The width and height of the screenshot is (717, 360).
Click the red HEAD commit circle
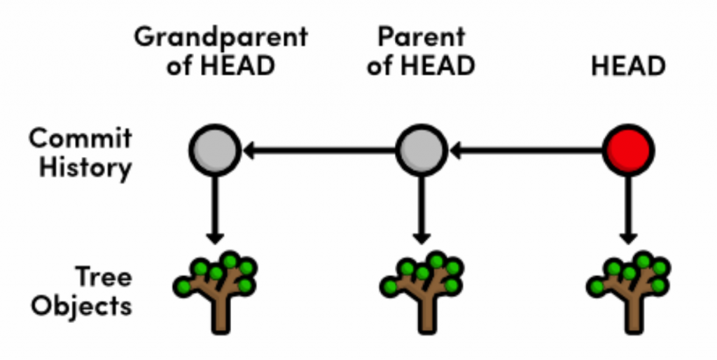point(628,150)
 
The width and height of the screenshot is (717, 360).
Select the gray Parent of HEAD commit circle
point(421,150)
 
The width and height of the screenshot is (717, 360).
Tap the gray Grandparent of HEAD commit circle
point(214,150)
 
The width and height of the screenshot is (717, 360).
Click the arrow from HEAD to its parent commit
point(525,150)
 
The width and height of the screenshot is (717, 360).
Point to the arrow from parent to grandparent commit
point(319,150)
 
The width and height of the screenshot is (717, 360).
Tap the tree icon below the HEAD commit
point(628,287)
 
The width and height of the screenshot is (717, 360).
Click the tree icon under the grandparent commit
point(215,287)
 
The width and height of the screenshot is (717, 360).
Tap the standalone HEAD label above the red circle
point(628,66)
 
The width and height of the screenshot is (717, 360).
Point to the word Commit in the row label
point(81,138)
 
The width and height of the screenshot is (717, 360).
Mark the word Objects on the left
point(82,306)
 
